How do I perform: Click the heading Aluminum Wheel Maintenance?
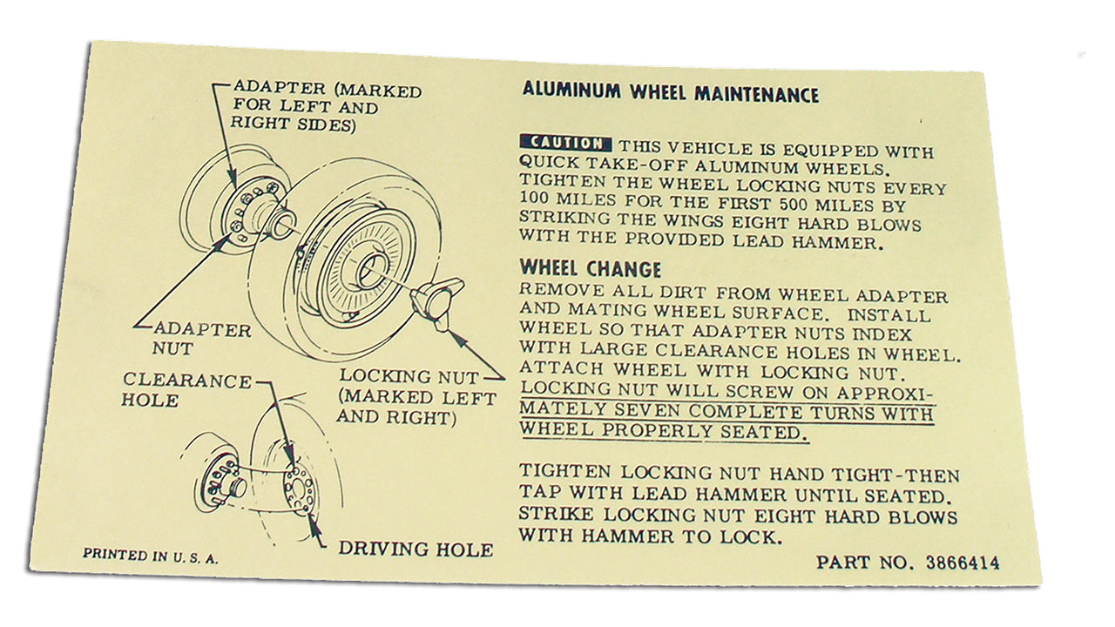(x=671, y=93)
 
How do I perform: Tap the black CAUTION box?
(x=565, y=144)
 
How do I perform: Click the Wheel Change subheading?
(x=591, y=269)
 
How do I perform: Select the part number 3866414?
(x=963, y=563)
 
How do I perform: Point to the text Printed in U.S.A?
(x=150, y=556)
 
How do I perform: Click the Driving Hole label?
(x=416, y=549)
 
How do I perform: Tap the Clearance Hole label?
(x=186, y=390)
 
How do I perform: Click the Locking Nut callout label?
(x=416, y=396)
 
